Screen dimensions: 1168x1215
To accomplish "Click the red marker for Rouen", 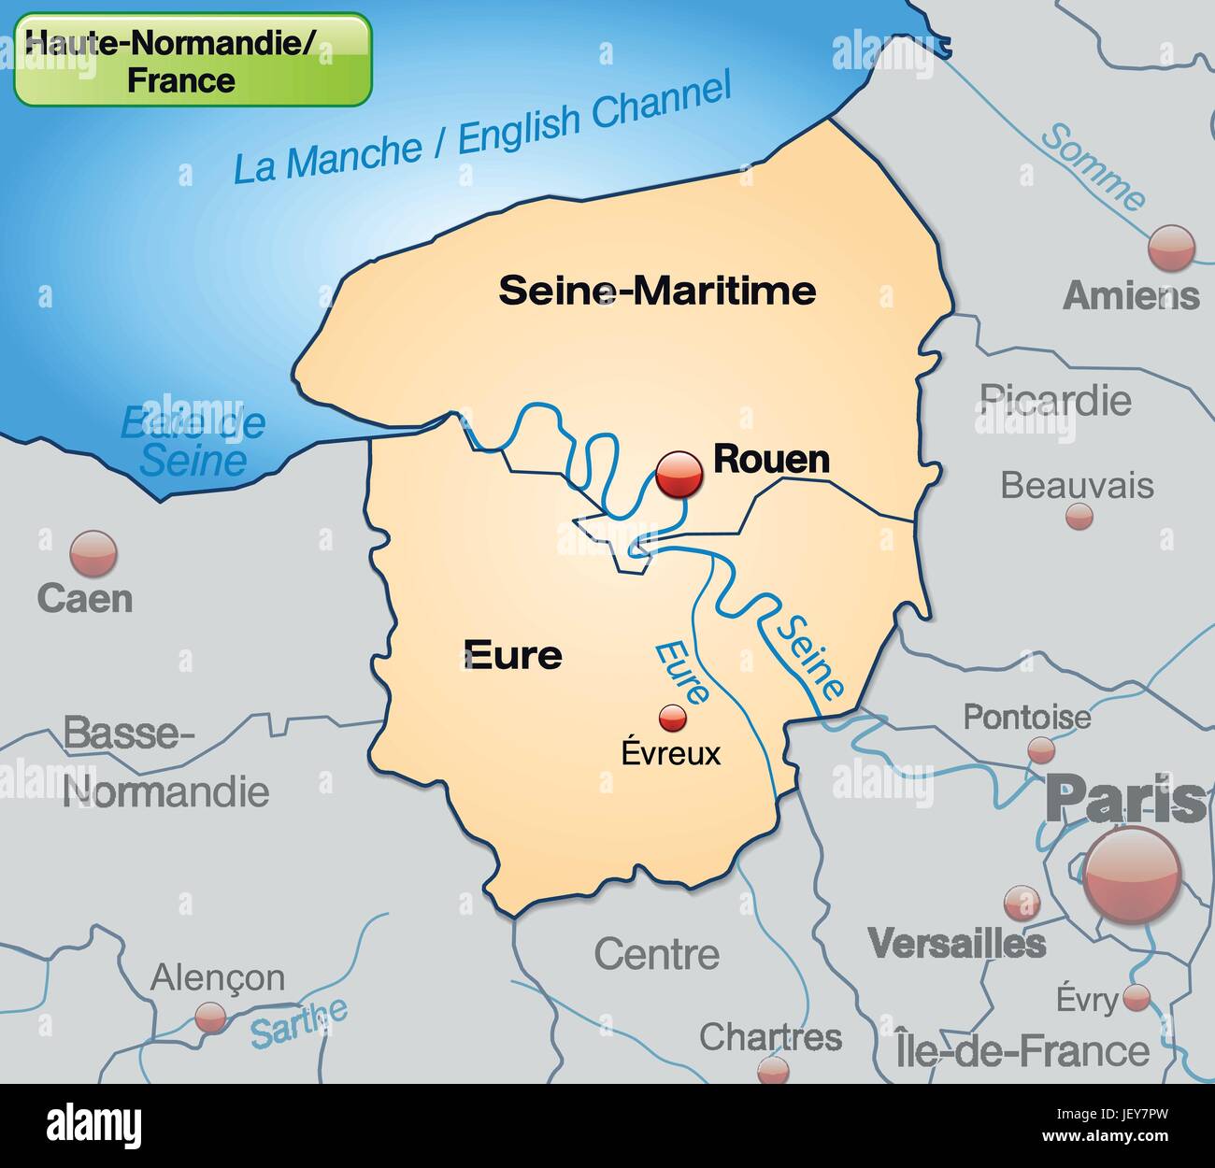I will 679,474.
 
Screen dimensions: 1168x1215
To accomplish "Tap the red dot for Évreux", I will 672,718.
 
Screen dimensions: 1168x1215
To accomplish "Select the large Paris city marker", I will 1132,875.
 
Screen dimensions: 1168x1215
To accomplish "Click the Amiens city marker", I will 1171,248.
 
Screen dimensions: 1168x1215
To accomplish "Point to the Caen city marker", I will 93,553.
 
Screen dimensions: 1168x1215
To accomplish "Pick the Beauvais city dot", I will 1079,516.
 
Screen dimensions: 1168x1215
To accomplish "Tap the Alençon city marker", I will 210,1017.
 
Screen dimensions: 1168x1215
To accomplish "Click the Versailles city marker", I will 1021,903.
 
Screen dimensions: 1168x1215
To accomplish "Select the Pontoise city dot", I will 1040,749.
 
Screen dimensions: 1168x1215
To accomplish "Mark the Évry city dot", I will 1136,997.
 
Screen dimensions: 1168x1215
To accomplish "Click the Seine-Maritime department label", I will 657,291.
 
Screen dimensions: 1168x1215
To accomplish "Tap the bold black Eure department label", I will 513,655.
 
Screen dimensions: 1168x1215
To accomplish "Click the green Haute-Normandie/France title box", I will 193,60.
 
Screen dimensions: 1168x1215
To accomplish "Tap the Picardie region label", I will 1055,401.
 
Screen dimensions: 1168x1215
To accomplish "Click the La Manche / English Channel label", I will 481,131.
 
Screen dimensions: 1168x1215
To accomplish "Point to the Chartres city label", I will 770,1036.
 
